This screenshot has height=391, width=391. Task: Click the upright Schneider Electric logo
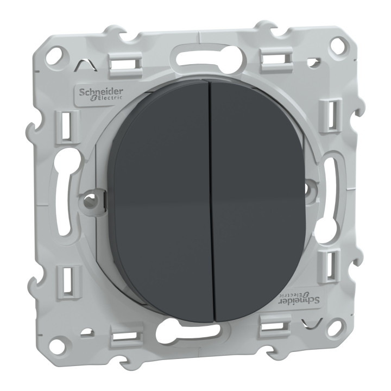(x=102, y=93)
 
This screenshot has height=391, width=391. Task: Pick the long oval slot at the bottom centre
(x=193, y=329)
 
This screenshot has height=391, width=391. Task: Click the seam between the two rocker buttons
(x=210, y=201)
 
